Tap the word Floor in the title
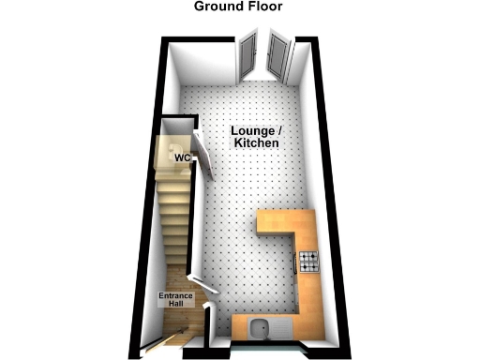coord(263,7)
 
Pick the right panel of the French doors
coord(278,54)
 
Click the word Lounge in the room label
coord(251,129)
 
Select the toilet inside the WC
coord(169,151)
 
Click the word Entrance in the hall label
coord(174,297)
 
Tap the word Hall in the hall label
coord(174,307)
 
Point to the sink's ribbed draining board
coord(277,328)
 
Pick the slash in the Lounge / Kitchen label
coord(280,129)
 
